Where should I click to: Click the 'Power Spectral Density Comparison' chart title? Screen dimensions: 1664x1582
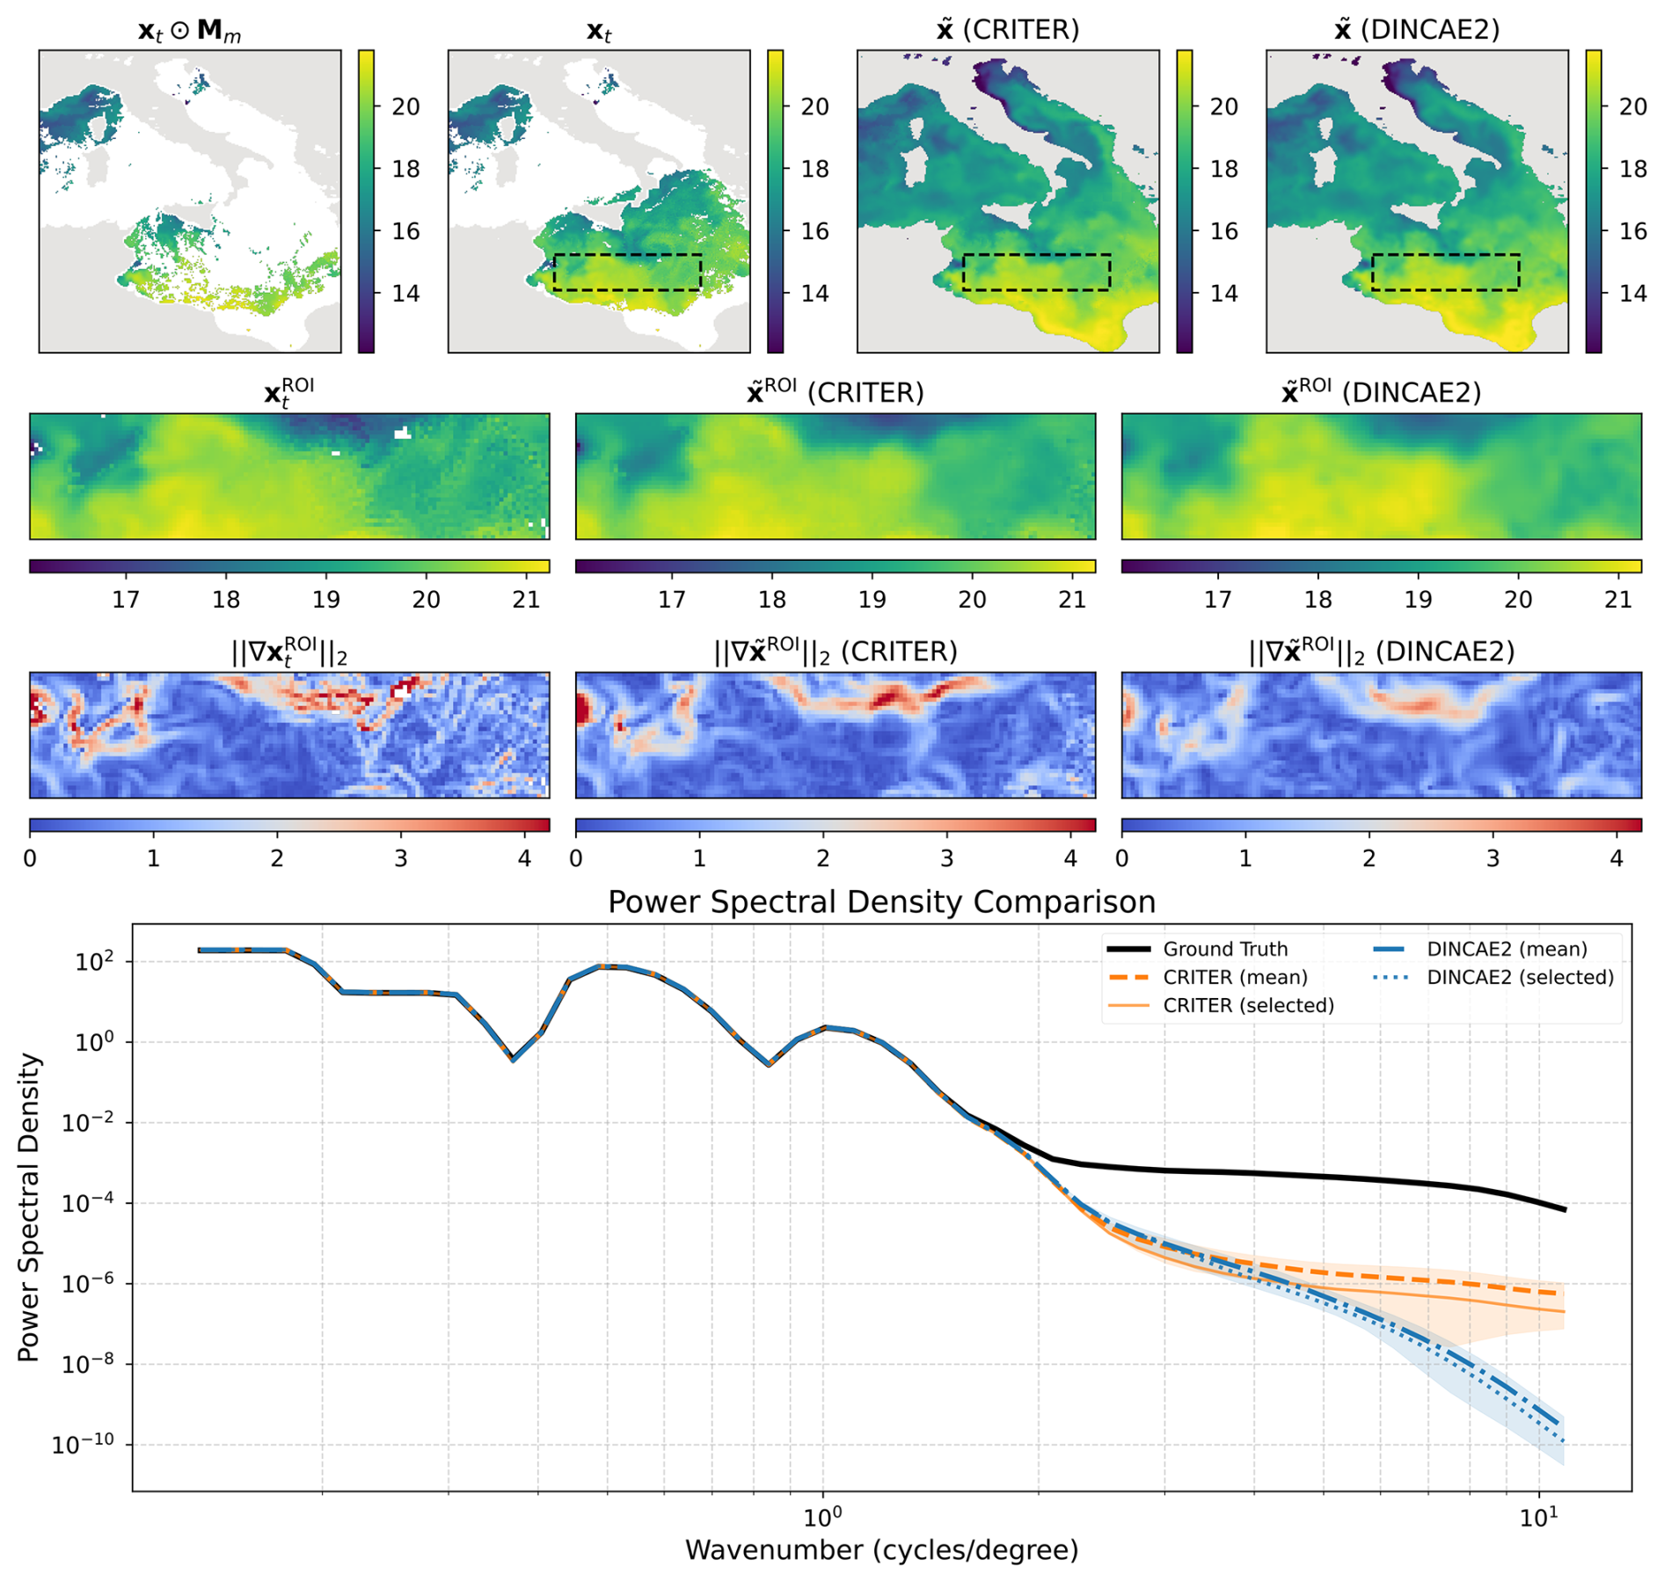tap(881, 902)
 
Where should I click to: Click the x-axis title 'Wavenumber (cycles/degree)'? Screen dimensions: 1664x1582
tap(881, 1549)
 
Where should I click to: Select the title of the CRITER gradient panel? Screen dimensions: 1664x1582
tap(836, 652)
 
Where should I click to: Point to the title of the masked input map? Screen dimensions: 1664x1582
tap(190, 31)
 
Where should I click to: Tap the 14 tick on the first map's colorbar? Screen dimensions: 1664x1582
tap(405, 294)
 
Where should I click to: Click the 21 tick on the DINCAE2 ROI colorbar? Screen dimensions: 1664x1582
tap(1618, 600)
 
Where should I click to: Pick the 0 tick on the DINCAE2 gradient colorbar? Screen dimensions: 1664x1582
tap(1122, 858)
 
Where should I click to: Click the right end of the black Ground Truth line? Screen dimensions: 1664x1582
tap(1565, 1209)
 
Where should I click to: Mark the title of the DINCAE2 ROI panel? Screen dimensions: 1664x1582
tap(1382, 392)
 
